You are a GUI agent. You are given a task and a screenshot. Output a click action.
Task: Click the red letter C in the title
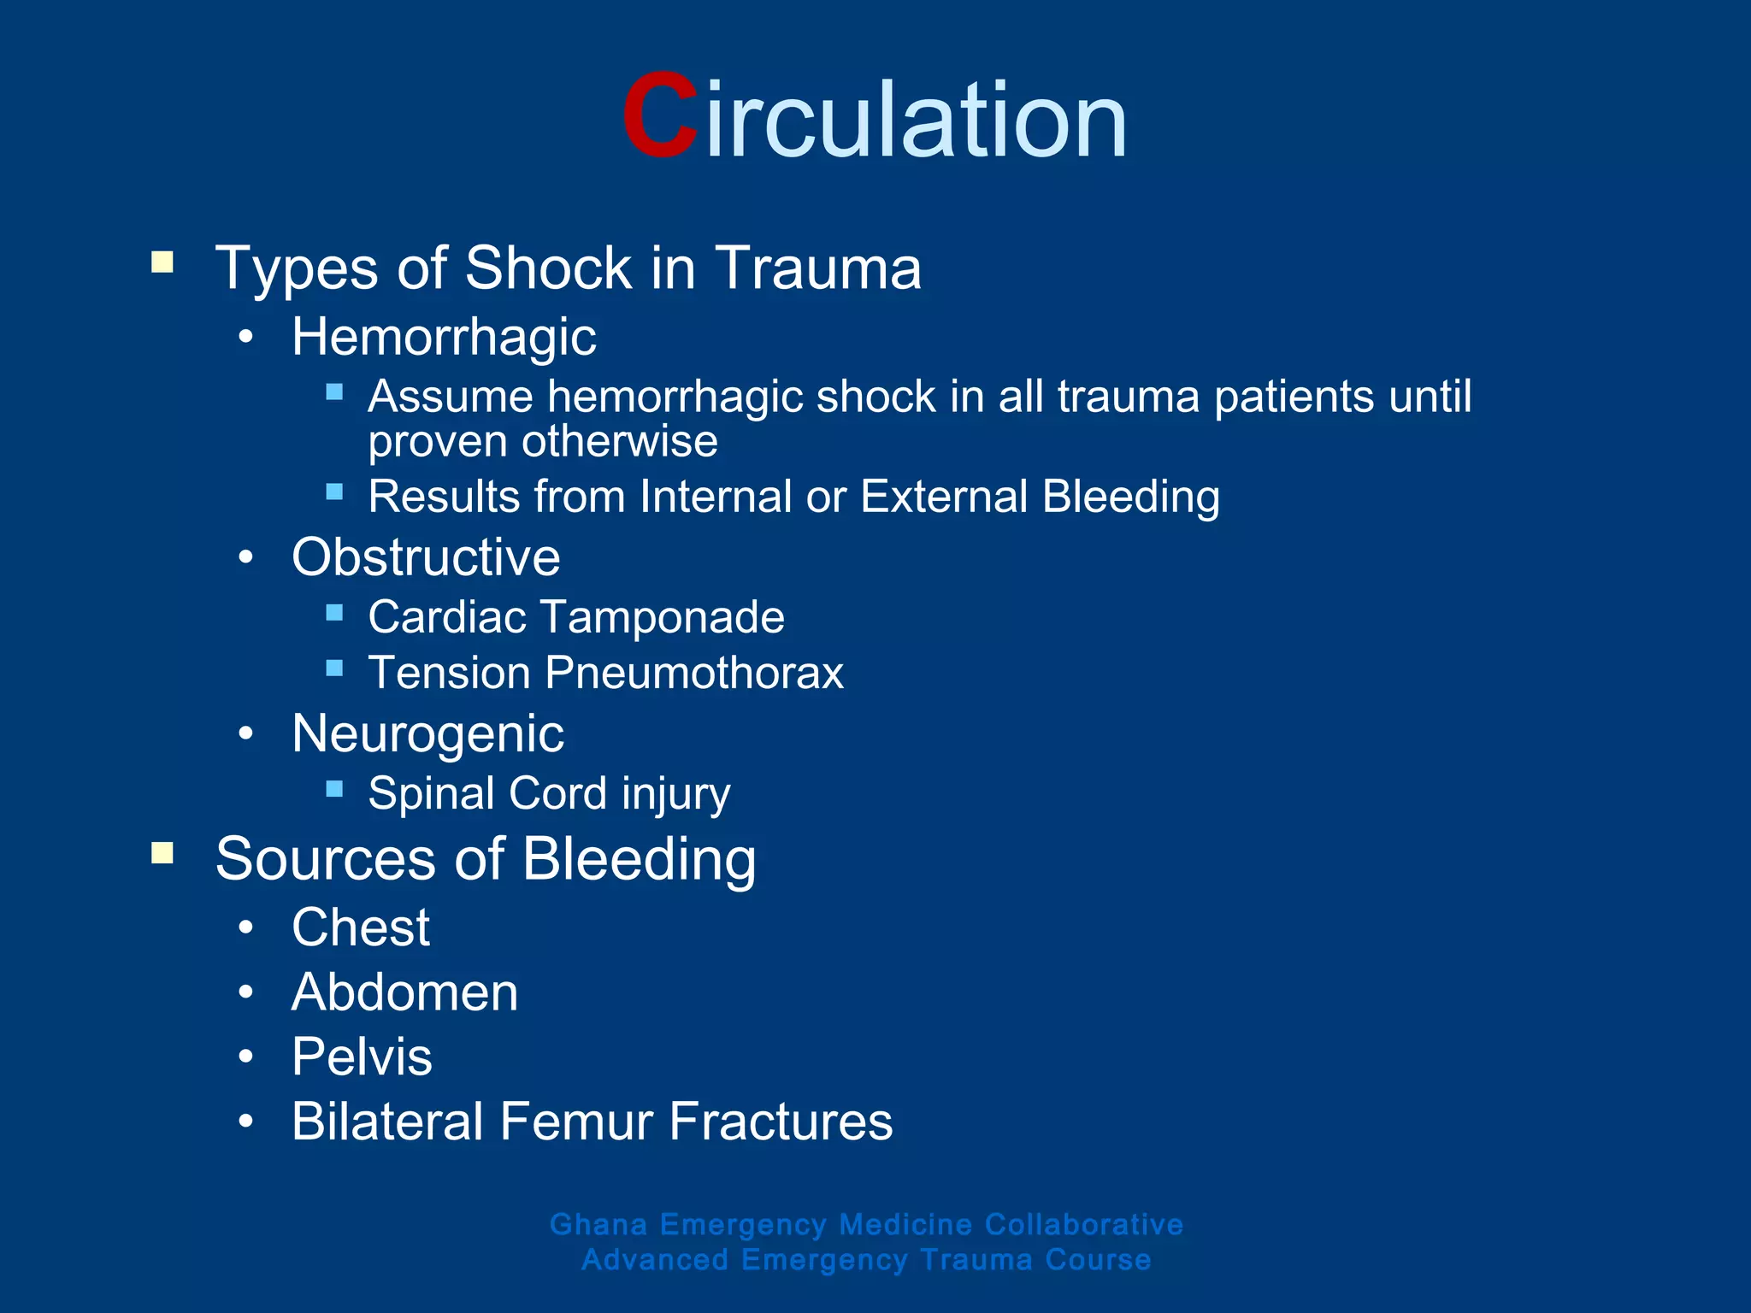659,117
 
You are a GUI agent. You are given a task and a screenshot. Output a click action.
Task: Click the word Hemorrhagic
444,337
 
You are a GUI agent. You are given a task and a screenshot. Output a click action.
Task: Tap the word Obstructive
426,557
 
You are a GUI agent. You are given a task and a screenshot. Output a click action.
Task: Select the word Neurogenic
427,733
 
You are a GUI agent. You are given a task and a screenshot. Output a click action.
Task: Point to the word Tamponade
663,617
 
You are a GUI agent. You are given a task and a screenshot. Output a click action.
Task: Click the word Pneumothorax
694,673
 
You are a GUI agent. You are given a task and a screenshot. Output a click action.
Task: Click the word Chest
361,927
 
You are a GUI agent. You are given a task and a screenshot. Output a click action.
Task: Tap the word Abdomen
404,992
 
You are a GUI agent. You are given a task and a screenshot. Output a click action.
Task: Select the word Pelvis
362,1057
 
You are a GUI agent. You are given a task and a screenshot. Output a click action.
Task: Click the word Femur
576,1122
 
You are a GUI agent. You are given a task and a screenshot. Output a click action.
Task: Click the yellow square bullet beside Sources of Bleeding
162,853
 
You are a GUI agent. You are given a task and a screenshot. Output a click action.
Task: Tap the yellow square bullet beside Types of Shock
162,262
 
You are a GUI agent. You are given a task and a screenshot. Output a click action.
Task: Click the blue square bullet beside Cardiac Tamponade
334,612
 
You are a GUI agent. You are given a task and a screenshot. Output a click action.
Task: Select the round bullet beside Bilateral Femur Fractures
246,1122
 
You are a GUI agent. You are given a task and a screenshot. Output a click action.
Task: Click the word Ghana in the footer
598,1224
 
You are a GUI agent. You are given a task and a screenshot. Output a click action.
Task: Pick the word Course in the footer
1098,1260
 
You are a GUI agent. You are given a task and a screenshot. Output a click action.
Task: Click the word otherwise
620,442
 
